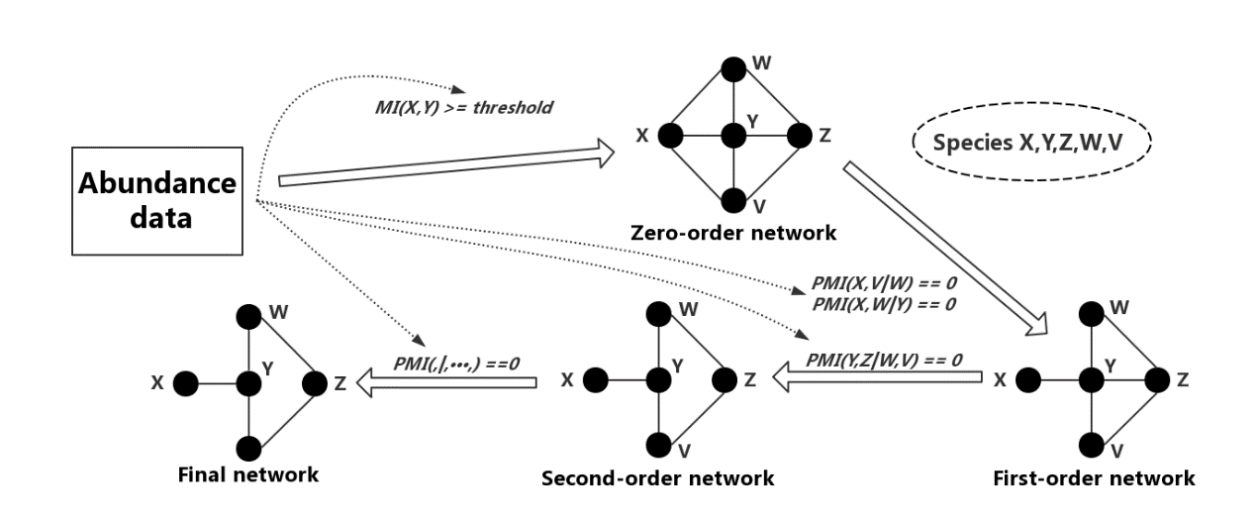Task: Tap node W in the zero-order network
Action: tap(732, 68)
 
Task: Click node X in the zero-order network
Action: tap(669, 136)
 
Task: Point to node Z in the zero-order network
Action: tap(797, 136)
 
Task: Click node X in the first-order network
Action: tap(1027, 378)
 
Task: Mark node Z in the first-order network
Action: tap(1155, 378)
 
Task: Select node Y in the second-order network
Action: tap(657, 378)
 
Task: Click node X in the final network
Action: tap(185, 381)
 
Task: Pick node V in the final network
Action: tap(248, 446)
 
